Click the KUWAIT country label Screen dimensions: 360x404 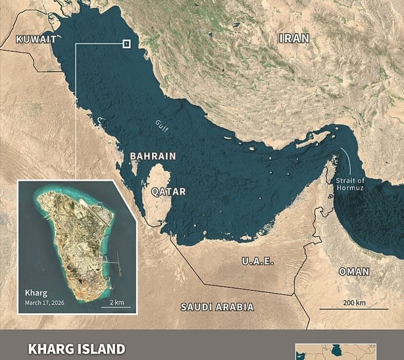36,39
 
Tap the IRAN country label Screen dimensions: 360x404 294,39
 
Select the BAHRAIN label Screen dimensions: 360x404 153,156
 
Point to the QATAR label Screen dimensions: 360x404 168,192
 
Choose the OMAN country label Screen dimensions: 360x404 354,271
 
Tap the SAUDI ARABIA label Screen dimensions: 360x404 217,307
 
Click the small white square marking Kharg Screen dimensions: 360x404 126,44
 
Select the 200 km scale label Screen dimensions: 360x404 353,302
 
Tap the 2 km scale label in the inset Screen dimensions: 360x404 117,301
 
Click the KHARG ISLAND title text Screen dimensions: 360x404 76,348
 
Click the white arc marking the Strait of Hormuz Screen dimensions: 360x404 345,162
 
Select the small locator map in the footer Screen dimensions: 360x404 336,351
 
